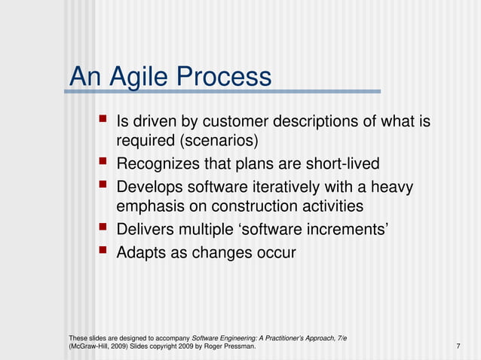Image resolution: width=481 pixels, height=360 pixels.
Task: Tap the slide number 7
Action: click(458, 346)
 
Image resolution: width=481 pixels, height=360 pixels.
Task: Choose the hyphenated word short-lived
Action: click(343, 164)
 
